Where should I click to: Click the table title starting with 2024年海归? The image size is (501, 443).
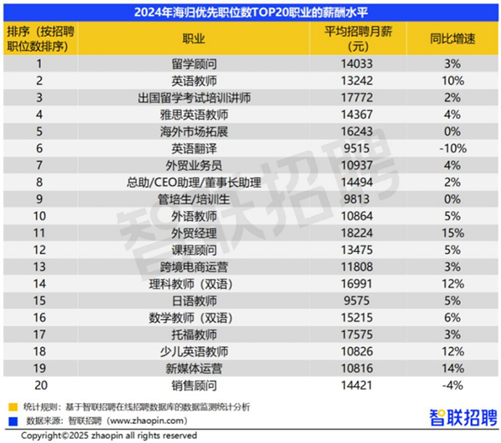pos(250,12)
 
